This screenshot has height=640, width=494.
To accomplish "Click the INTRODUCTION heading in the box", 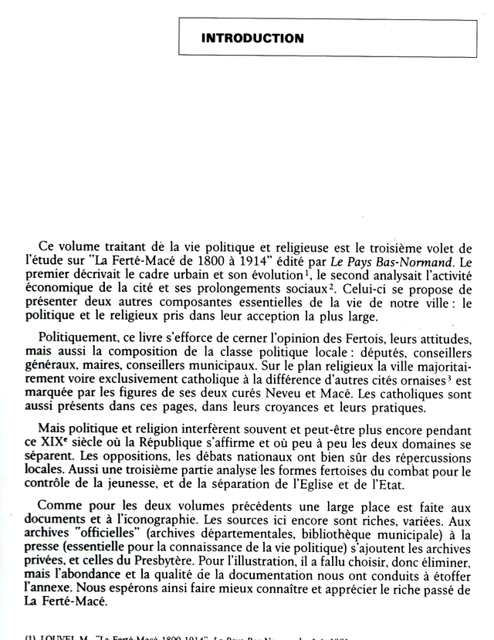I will [252, 38].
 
